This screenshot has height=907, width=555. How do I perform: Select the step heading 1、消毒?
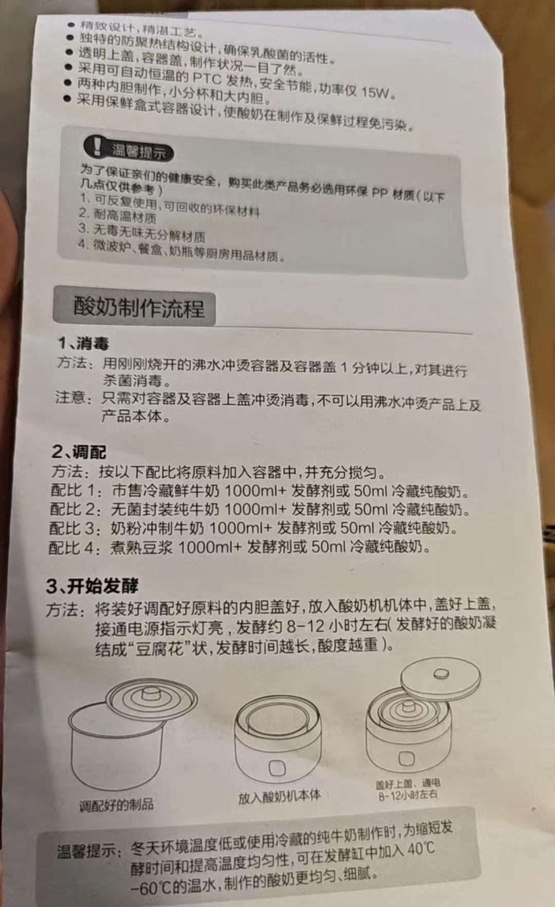pyautogui.click(x=83, y=343)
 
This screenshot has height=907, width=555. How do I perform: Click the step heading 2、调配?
pyautogui.click(x=79, y=452)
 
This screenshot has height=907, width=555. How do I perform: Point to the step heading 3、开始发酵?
pyautogui.click(x=92, y=585)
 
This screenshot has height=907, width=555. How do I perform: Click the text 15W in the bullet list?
pyautogui.click(x=375, y=92)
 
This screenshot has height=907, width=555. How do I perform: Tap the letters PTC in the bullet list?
pyautogui.click(x=207, y=78)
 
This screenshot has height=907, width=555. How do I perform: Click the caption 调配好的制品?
pyautogui.click(x=117, y=805)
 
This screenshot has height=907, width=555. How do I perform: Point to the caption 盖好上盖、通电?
pyautogui.click(x=407, y=784)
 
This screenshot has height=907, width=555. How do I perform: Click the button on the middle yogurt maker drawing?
pyautogui.click(x=277, y=768)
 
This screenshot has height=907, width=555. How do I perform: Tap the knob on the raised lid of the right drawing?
pyautogui.click(x=440, y=674)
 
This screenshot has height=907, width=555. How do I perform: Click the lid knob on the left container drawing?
pyautogui.click(x=150, y=694)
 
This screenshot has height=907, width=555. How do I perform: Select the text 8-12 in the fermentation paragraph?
pyautogui.click(x=306, y=626)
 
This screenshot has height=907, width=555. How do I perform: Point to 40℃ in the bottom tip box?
pyautogui.click(x=421, y=849)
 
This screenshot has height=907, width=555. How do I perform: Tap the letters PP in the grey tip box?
pyautogui.click(x=379, y=193)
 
